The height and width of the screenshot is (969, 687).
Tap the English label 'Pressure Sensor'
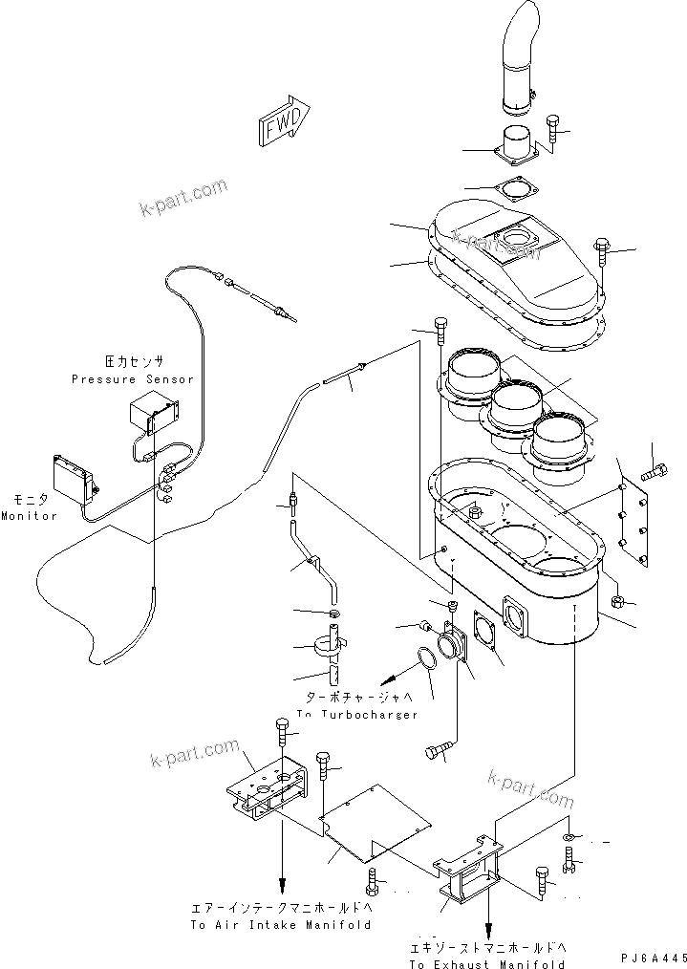pos(132,379)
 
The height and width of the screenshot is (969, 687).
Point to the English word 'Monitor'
pos(29,516)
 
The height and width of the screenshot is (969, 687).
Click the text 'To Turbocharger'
pos(356,715)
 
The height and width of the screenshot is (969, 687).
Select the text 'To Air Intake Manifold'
pos(280,925)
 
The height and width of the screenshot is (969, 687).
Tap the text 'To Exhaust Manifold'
pos(488,964)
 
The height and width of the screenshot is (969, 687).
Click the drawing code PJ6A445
pos(653,957)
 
